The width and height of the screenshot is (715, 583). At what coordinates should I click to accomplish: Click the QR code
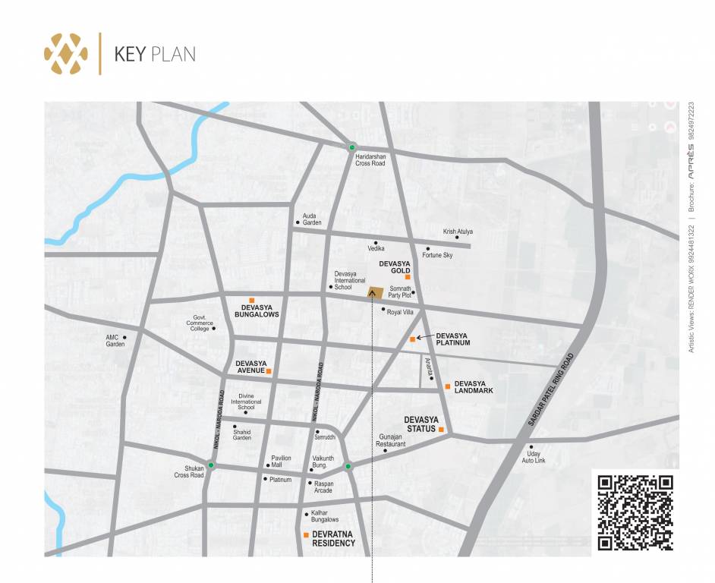coord(635,512)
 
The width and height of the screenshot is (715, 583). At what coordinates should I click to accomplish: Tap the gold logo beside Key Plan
coord(66,53)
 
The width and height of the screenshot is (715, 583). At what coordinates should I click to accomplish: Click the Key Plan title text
coord(154,54)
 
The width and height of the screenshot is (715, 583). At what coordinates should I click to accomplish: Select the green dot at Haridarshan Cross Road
coord(351,147)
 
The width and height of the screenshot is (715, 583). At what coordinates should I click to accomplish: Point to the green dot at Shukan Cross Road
coord(212,465)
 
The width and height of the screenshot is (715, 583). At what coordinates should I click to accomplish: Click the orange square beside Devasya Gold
coord(408,277)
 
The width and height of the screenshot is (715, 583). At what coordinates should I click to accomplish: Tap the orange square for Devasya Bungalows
coord(252,300)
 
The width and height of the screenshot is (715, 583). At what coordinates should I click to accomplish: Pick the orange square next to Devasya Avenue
coord(269,371)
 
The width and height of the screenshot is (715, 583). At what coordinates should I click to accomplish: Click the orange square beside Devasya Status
coord(441,430)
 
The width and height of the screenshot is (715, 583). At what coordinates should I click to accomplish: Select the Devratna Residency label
coord(333,539)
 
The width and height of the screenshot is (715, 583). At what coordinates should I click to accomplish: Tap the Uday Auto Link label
coord(534,456)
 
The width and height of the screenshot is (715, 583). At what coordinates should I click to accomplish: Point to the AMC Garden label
coord(115,341)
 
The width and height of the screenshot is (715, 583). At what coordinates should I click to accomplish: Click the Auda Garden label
coord(312,219)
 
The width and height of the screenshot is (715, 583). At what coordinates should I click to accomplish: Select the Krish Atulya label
coord(458,232)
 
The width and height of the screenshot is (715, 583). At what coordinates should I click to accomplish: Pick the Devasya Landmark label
coord(474,387)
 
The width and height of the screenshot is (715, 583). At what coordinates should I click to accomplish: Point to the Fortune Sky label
coord(437,255)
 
